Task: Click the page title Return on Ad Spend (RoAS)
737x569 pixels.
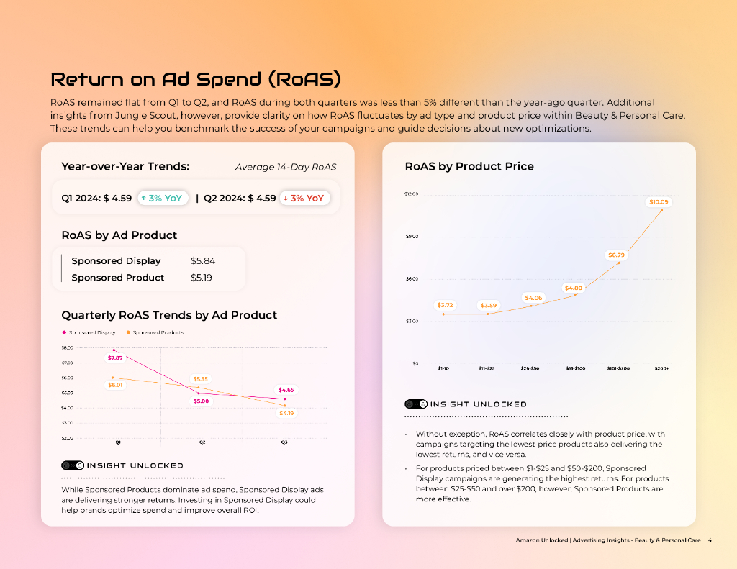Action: point(195,79)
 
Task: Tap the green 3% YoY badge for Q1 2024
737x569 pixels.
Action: point(163,198)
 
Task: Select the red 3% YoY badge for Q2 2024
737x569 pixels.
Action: point(304,198)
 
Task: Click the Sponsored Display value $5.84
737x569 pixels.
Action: point(203,261)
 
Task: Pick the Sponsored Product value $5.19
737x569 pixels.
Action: point(202,278)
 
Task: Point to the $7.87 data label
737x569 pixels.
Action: point(115,358)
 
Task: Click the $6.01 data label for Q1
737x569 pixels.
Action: point(115,385)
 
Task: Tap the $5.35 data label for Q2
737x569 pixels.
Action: point(200,379)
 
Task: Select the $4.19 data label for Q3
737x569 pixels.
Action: point(286,413)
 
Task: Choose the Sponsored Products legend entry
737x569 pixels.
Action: point(158,332)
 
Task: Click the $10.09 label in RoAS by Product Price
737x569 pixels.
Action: point(659,202)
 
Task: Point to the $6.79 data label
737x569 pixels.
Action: point(616,255)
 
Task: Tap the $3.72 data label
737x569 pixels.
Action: point(445,305)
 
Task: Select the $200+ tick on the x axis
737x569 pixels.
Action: point(661,368)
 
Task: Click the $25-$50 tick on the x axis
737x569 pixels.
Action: point(530,368)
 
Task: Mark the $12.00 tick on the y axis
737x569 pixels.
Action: point(411,194)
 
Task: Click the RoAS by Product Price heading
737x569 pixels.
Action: point(469,166)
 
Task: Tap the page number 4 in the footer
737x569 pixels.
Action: point(710,540)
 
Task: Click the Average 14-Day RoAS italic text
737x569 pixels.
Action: point(285,167)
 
